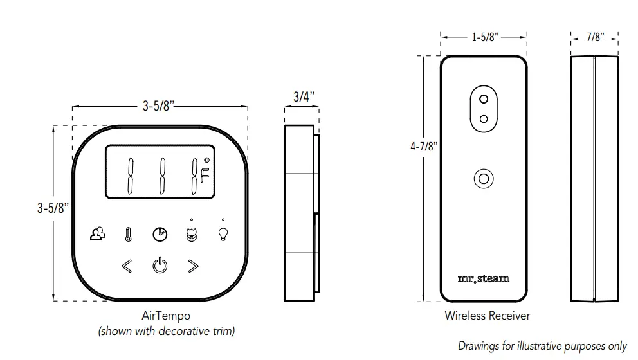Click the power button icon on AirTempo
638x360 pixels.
(x=159, y=265)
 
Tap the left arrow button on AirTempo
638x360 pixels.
(x=127, y=265)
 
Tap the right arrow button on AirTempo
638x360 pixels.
(x=192, y=265)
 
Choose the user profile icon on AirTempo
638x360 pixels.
(x=96, y=235)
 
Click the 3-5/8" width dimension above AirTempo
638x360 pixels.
(x=159, y=107)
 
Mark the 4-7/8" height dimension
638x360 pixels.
(x=424, y=147)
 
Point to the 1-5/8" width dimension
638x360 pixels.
(x=484, y=37)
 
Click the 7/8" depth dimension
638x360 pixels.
(x=595, y=37)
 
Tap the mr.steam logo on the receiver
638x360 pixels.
(x=484, y=278)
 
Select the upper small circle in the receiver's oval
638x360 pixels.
(x=484, y=99)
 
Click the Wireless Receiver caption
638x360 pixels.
(x=487, y=316)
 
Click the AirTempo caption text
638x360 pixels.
(x=165, y=316)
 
